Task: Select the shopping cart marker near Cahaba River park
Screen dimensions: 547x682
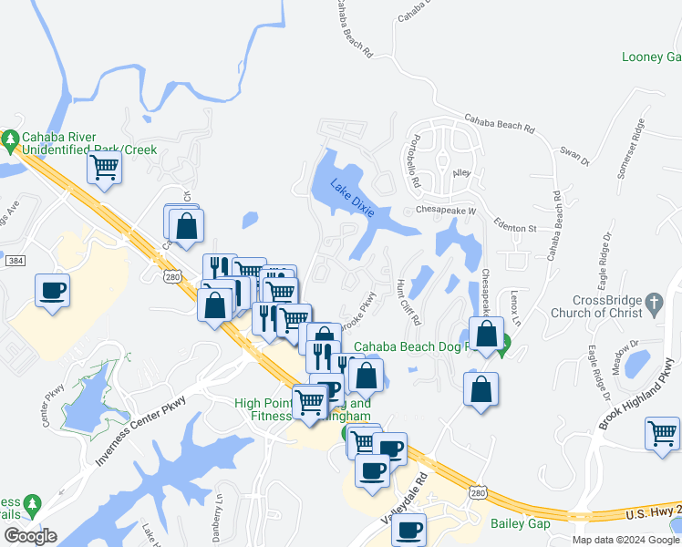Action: [105, 168]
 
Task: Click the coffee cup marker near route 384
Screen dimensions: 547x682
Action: [52, 291]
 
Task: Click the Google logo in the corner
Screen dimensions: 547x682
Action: [29, 536]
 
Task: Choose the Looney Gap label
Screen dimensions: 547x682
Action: [651, 57]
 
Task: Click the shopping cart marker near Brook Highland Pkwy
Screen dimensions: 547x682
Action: [661, 433]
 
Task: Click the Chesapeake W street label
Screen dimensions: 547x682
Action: [447, 211]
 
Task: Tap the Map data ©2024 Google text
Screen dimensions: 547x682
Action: [625, 540]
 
